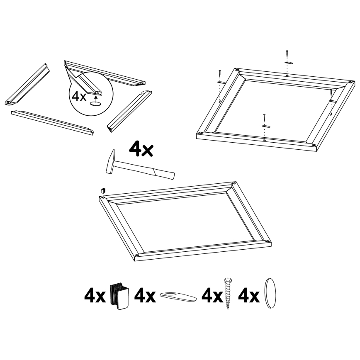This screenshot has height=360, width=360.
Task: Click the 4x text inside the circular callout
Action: [x=80, y=96]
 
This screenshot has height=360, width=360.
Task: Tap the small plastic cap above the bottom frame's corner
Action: [x=102, y=190]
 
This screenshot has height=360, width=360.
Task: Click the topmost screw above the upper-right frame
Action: [x=287, y=54]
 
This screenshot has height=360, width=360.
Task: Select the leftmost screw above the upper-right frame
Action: [x=219, y=74]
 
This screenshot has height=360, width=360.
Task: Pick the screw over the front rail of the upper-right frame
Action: [x=264, y=117]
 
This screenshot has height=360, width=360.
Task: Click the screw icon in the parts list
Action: [x=227, y=294]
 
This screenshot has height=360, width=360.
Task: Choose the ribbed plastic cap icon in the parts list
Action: [x=119, y=296]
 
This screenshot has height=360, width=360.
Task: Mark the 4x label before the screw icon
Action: [x=212, y=297]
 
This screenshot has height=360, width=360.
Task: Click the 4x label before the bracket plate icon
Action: [x=145, y=297]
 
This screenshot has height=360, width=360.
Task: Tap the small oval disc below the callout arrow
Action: [x=95, y=105]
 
